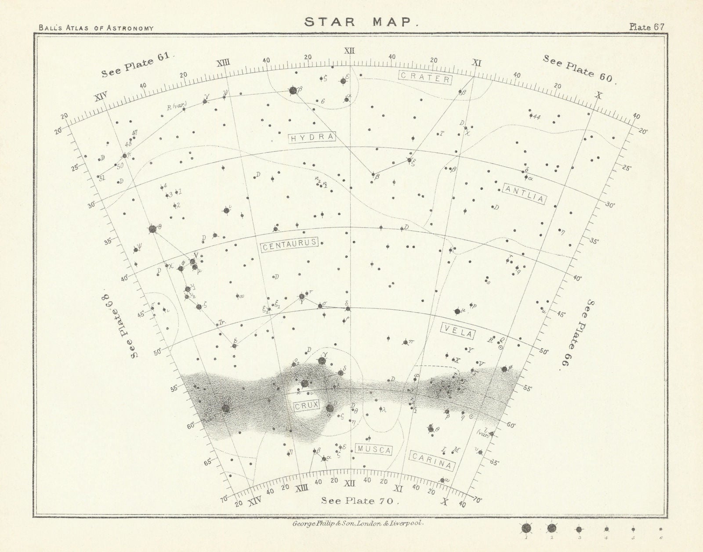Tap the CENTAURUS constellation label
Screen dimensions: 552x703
click(289, 246)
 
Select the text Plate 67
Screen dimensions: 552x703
click(646, 26)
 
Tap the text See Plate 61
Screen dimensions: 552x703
click(138, 67)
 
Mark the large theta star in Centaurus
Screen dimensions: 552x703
click(152, 229)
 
